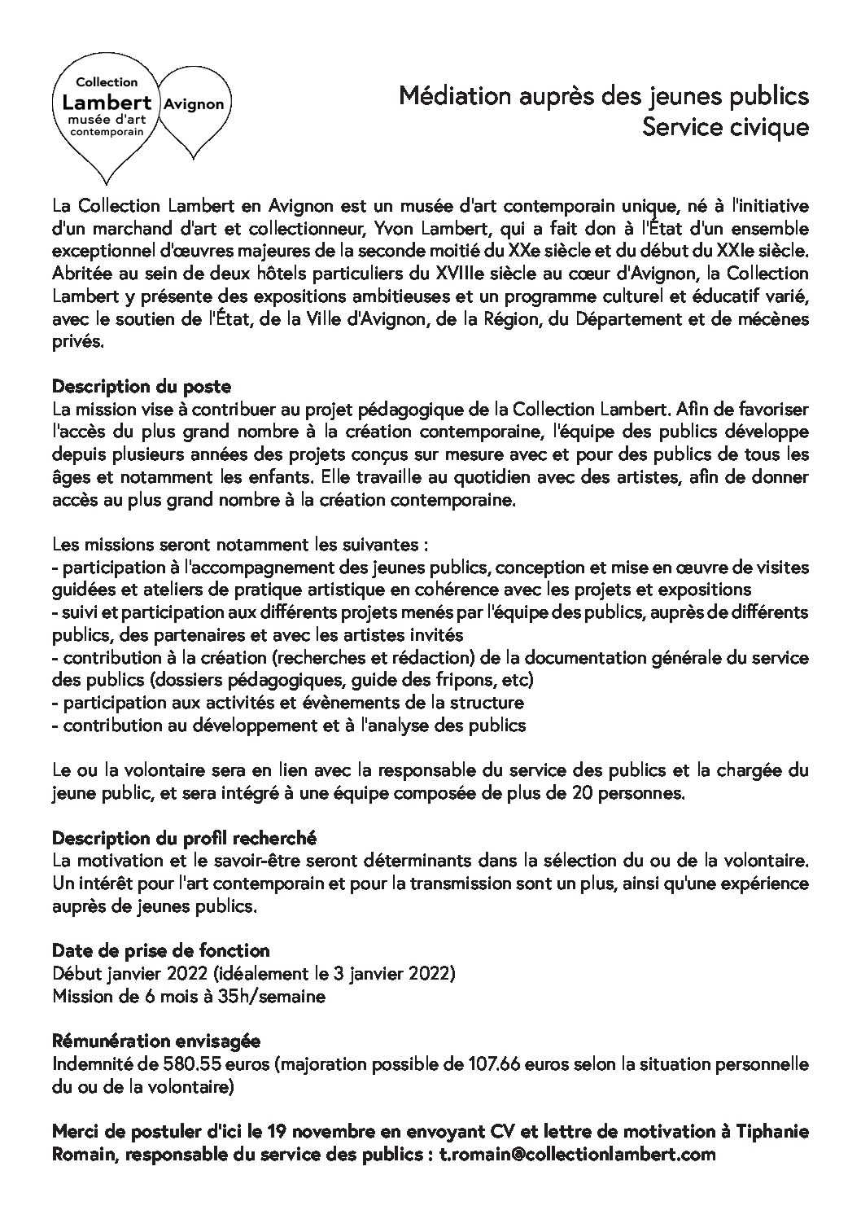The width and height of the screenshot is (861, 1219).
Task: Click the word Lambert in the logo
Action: [x=107, y=103]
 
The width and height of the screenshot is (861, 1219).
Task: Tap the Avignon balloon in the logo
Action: [x=194, y=105]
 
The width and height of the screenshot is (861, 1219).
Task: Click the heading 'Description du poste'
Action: [x=142, y=386]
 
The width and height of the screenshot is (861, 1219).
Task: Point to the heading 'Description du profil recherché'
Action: [x=184, y=837]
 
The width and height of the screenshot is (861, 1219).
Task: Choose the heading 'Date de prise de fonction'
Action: [x=160, y=950]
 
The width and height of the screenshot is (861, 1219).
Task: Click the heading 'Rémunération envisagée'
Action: [x=155, y=1041]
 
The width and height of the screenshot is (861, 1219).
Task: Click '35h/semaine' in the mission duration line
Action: [x=279, y=996]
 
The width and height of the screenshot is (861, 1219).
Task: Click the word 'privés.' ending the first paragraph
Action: [x=78, y=342]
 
